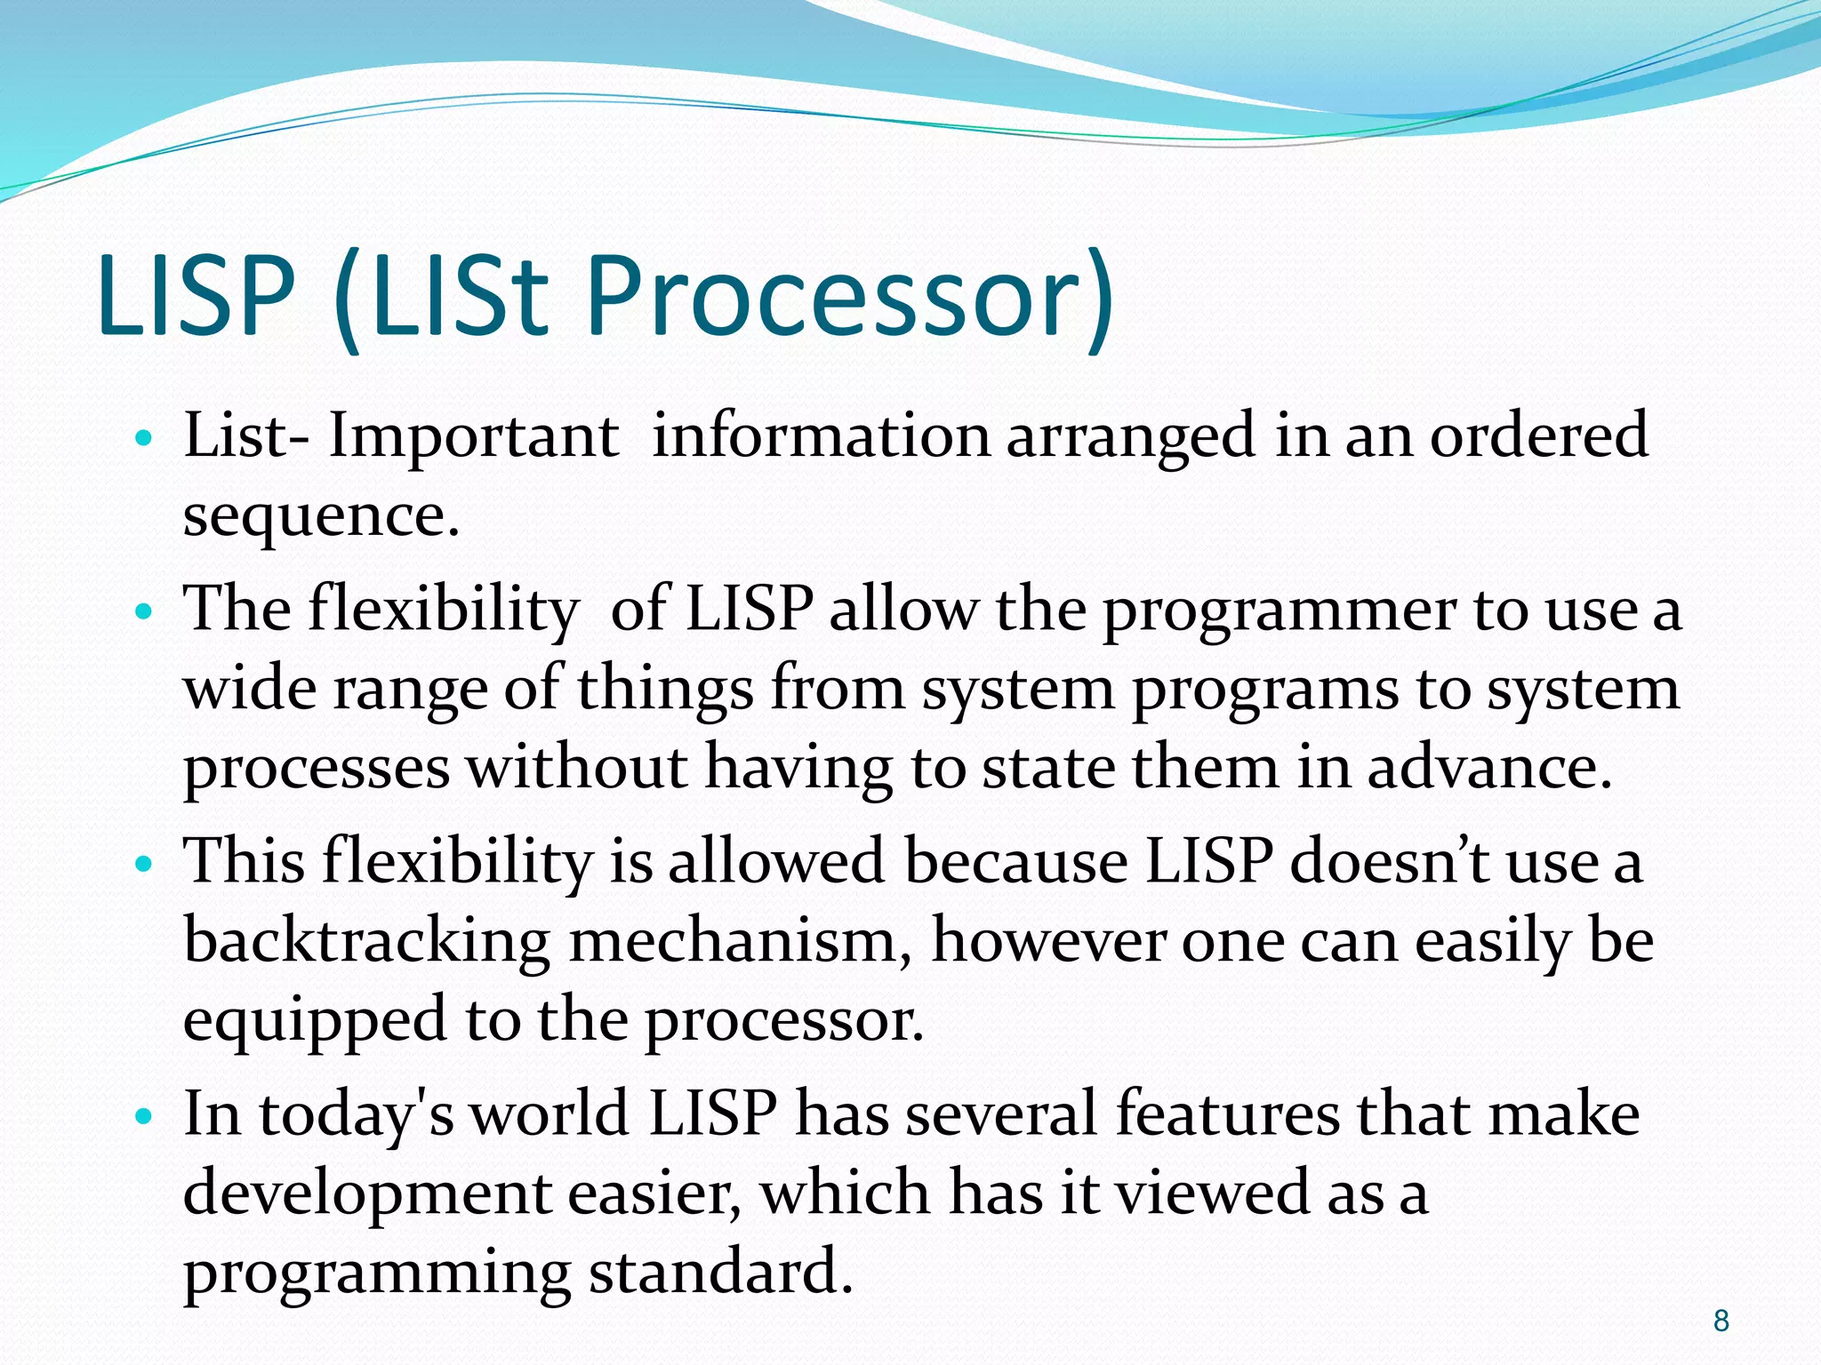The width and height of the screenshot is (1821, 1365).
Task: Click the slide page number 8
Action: click(x=1721, y=1321)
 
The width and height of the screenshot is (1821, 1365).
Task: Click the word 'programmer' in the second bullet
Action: click(x=1278, y=612)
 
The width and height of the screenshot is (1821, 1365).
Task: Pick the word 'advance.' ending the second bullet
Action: click(x=1489, y=767)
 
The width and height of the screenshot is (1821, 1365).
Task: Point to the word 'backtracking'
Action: click(x=366, y=942)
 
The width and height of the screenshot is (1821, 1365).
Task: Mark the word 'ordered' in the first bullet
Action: click(x=1538, y=436)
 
